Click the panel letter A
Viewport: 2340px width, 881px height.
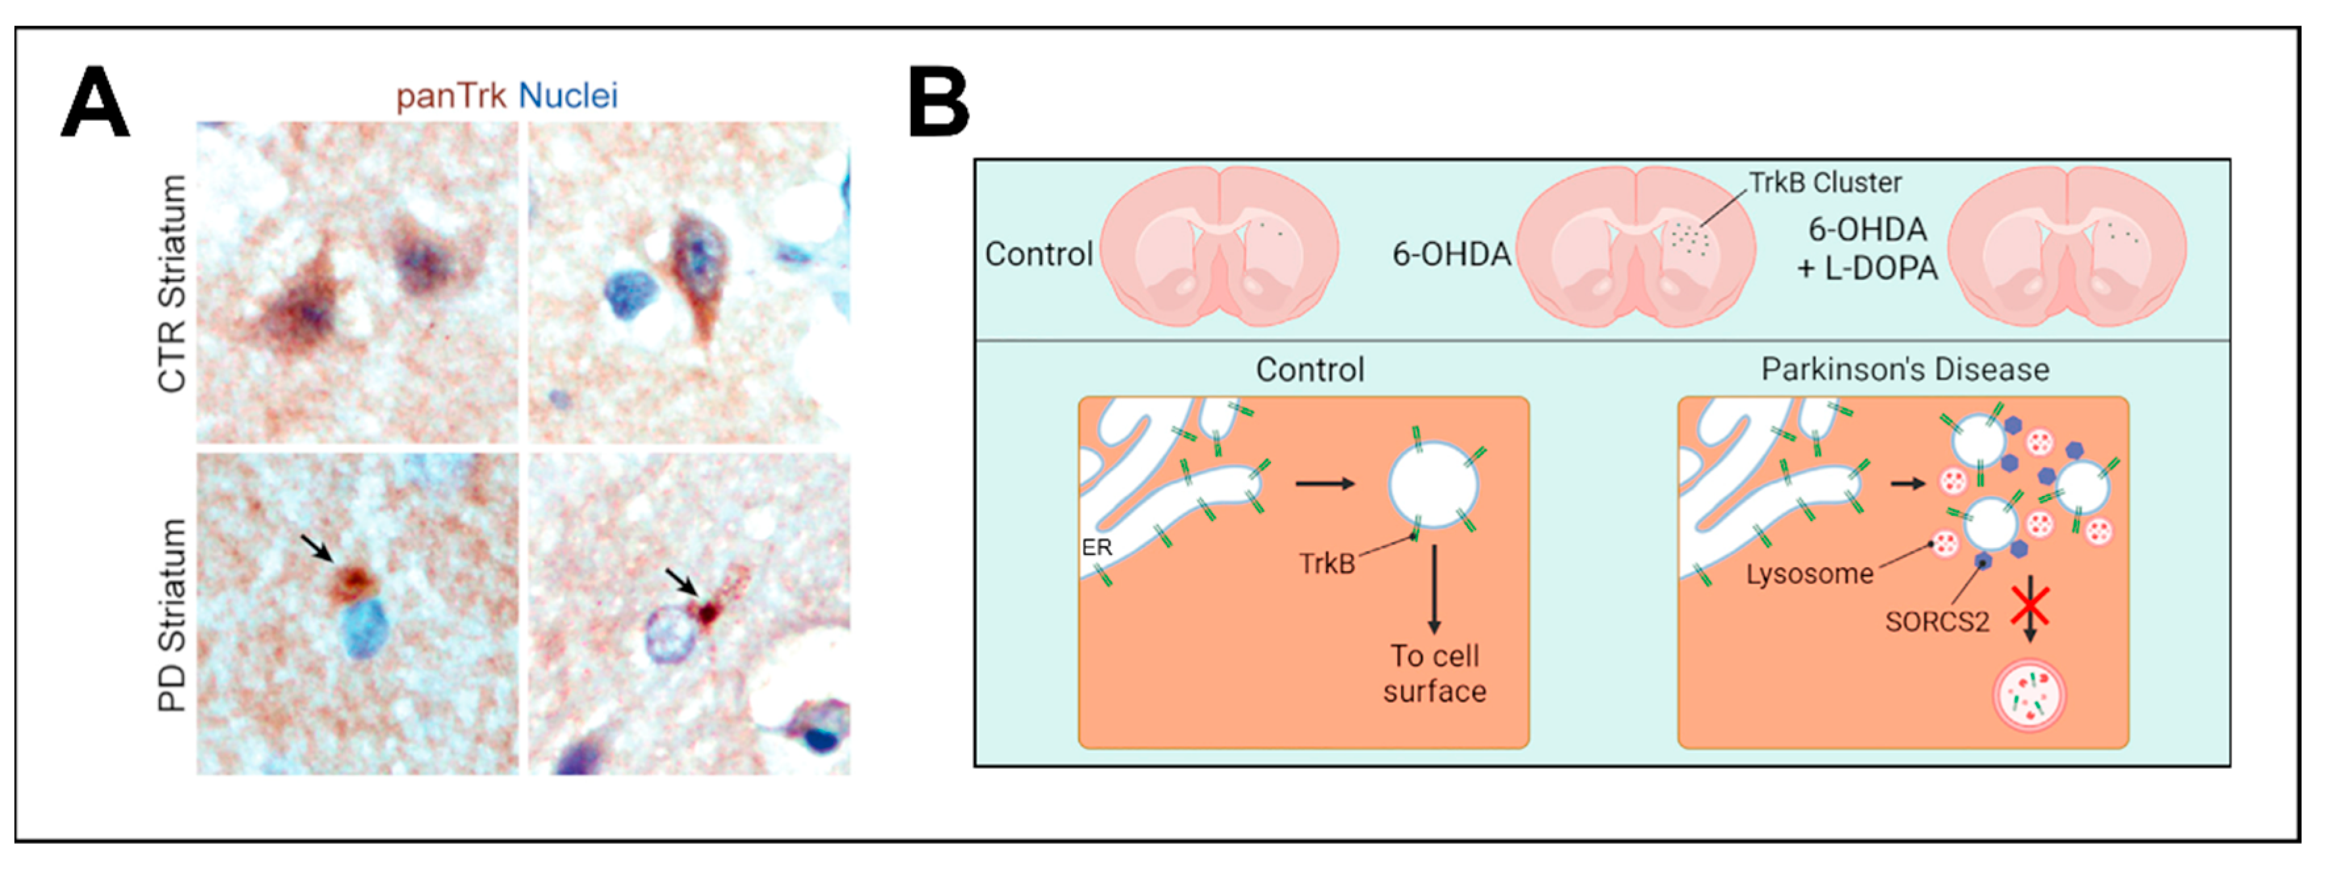click(x=95, y=102)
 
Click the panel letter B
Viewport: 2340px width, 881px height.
click(x=939, y=102)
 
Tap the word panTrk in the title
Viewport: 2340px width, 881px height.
click(x=451, y=95)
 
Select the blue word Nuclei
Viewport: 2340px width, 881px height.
click(x=568, y=95)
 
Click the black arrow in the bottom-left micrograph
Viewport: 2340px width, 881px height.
click(x=317, y=547)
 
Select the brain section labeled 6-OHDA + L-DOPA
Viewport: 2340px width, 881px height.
click(x=2067, y=245)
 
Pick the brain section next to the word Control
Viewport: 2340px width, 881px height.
click(x=1219, y=245)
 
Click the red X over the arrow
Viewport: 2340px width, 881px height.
click(x=2029, y=606)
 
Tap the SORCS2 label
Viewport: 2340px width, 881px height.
click(x=1937, y=622)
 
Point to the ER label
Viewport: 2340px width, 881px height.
click(x=1097, y=548)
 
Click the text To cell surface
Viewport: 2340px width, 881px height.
click(x=1434, y=673)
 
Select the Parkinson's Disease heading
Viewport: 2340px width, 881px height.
click(x=1905, y=370)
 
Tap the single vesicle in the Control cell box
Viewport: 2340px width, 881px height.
click(x=1433, y=484)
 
